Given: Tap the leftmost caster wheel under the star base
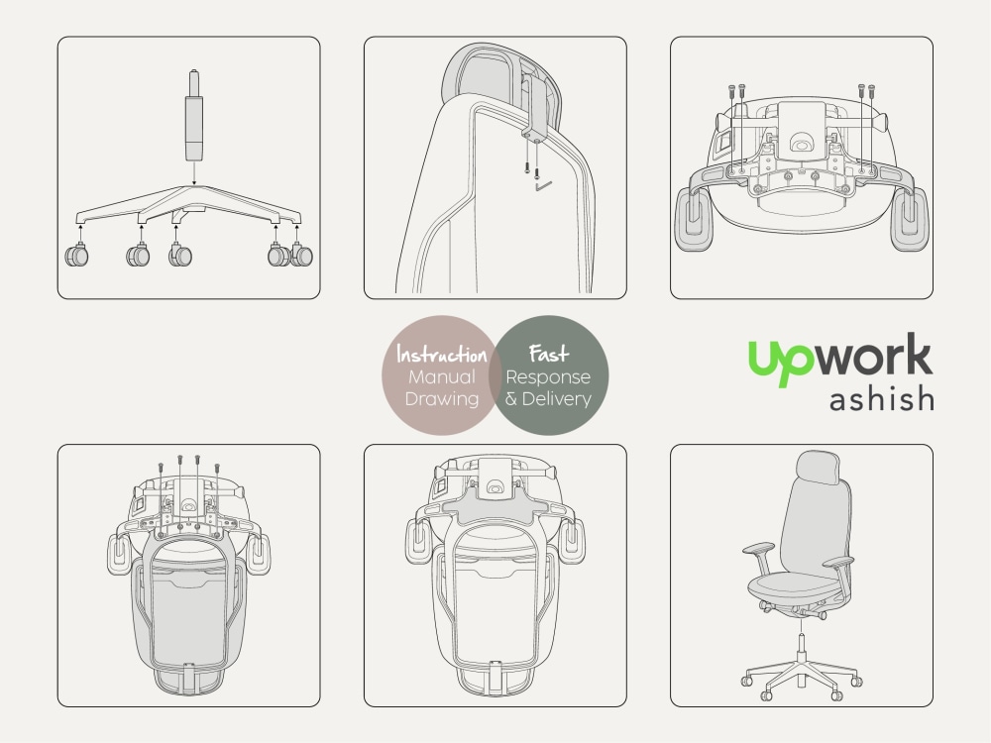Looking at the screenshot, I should point(76,256).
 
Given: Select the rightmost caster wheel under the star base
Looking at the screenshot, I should point(301,256).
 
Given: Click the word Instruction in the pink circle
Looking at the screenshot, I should point(441,355).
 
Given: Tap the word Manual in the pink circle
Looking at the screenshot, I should point(441,377).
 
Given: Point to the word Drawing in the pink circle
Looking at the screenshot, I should point(442,399).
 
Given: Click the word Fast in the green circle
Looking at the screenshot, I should point(548,354).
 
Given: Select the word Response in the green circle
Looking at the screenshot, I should point(548,377).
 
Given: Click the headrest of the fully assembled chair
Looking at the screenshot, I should point(817,467).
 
